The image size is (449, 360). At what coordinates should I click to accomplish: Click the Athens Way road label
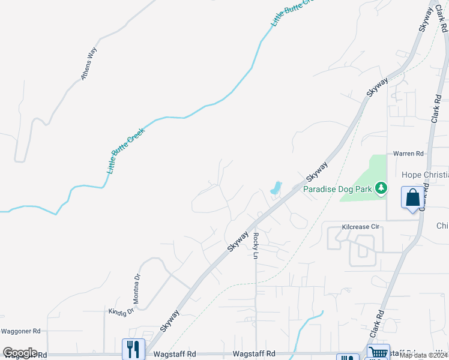[x=89, y=64]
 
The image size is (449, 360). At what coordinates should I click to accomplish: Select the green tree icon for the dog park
[x=380, y=188]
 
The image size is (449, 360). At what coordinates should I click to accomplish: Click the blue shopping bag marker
[x=412, y=197]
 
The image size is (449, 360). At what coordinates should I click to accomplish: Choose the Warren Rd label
[x=408, y=154]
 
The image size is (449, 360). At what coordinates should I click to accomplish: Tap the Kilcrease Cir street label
[x=361, y=227]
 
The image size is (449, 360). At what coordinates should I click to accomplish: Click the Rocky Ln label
[x=255, y=246]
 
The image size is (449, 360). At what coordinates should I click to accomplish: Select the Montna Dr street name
[x=137, y=289]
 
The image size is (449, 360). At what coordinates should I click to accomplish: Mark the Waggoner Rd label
[x=20, y=331]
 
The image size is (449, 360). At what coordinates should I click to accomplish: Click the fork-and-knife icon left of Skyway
[x=133, y=349]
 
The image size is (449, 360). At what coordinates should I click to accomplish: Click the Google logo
[x=20, y=353]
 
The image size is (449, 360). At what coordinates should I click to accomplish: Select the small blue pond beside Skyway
[x=276, y=188]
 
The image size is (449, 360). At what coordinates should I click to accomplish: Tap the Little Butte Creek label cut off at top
[x=292, y=12]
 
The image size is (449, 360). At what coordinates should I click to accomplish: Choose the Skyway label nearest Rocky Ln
[x=238, y=239]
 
